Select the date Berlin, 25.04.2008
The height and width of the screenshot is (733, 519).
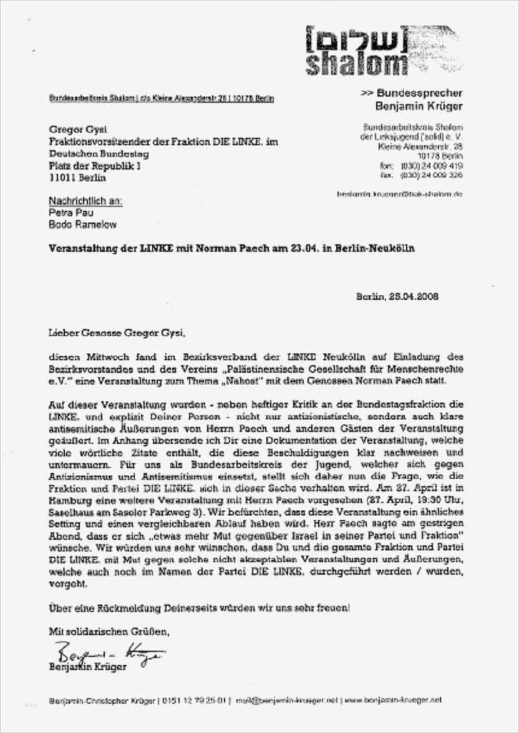point(397,296)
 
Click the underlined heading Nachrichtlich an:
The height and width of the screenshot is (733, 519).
point(86,202)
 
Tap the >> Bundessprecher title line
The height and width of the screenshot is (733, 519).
point(412,92)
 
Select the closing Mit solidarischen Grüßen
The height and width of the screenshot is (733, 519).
point(109,632)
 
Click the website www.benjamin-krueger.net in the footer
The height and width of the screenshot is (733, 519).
point(392,700)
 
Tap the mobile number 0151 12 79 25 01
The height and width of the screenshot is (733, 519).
point(196,700)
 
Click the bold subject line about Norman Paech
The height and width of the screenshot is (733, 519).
point(232,247)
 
